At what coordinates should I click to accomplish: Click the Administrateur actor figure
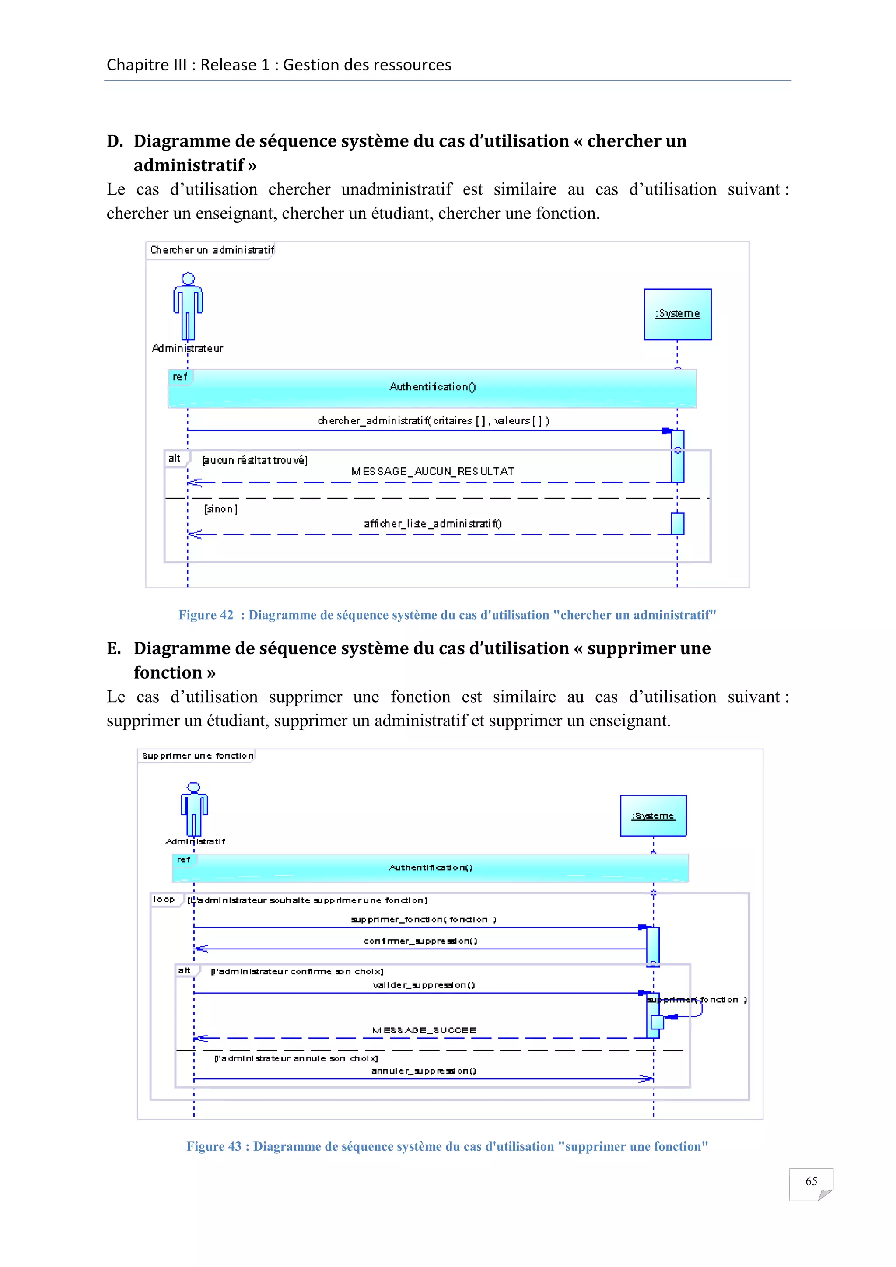(x=188, y=307)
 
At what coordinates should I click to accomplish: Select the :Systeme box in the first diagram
(x=678, y=314)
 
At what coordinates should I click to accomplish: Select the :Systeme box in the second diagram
(x=653, y=815)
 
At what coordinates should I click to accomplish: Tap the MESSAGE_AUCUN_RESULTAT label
(x=433, y=471)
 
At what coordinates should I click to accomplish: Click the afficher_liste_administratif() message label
(x=433, y=524)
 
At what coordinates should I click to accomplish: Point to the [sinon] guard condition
(x=220, y=509)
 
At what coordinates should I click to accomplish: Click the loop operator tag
(x=164, y=899)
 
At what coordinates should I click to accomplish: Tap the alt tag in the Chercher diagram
(x=175, y=458)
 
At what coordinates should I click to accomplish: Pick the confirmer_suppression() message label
(x=420, y=941)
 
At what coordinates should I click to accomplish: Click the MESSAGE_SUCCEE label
(x=424, y=1030)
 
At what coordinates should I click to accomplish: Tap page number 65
(x=811, y=1181)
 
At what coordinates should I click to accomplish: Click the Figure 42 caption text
(x=447, y=615)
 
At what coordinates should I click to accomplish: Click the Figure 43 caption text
(x=447, y=1146)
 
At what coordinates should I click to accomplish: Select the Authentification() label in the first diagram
(x=433, y=387)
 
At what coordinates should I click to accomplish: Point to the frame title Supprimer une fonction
(x=197, y=756)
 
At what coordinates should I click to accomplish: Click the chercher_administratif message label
(x=433, y=420)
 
